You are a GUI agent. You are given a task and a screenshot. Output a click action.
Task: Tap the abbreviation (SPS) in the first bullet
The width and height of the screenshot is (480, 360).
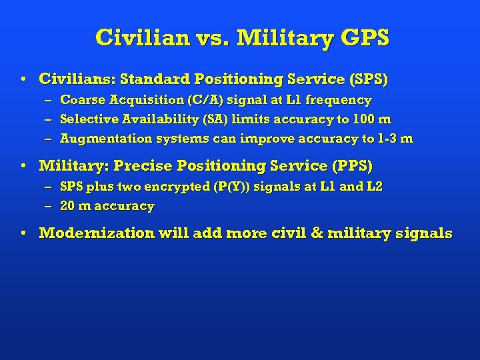[x=367, y=79]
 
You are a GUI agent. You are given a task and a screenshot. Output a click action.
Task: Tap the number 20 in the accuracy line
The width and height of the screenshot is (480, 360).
[x=67, y=206]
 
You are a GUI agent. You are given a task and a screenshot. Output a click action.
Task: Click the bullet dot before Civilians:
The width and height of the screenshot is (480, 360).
[x=23, y=79]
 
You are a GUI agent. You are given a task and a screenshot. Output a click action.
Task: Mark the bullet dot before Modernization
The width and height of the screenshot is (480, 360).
[x=23, y=233]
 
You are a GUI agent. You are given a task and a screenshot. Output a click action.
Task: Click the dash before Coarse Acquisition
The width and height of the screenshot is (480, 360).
[x=48, y=100]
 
